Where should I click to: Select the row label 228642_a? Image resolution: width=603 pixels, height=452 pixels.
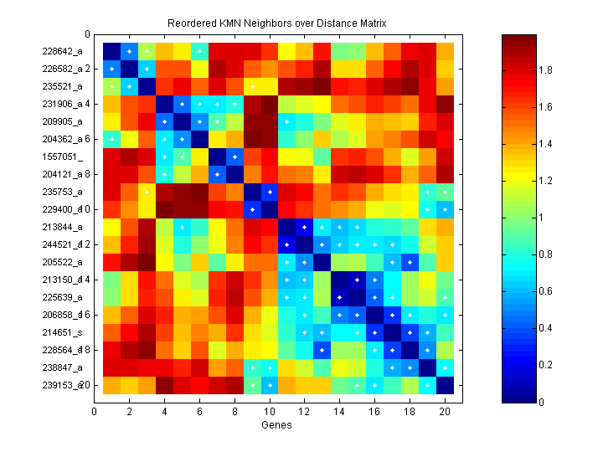(x=62, y=51)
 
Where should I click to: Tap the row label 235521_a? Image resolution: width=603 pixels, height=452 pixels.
(x=62, y=86)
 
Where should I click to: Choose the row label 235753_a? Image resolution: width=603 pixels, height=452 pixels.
(x=62, y=192)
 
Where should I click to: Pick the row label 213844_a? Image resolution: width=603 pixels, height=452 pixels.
(x=62, y=227)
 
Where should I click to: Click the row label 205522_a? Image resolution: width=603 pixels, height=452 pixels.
(x=62, y=262)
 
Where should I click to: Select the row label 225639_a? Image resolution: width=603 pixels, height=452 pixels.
(x=62, y=297)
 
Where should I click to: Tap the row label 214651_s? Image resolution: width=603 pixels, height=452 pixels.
(x=62, y=332)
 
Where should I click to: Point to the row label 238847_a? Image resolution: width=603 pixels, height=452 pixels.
(x=62, y=367)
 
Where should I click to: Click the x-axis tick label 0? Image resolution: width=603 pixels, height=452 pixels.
(x=94, y=411)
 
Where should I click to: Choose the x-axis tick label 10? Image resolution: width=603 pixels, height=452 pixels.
(x=270, y=411)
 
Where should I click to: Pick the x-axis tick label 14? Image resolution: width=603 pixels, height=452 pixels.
(x=340, y=411)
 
